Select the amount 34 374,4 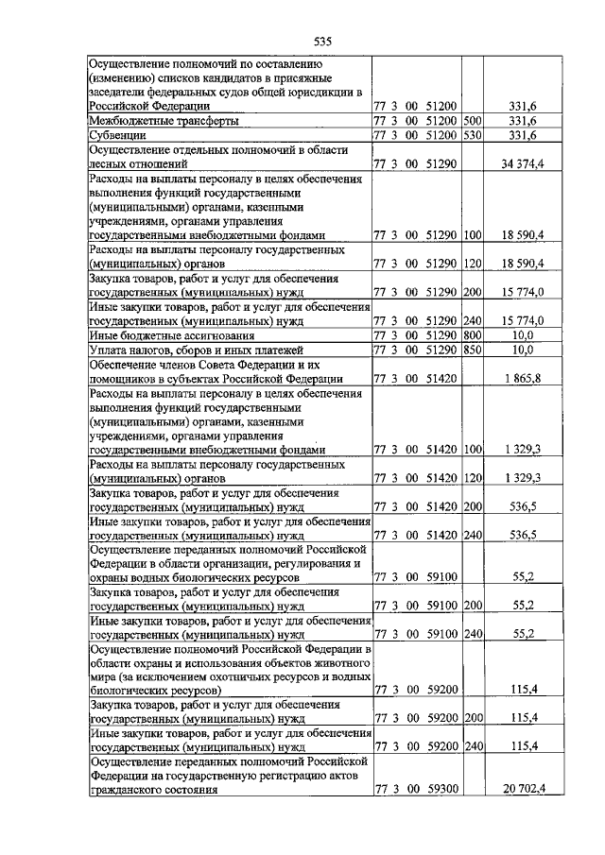(x=523, y=163)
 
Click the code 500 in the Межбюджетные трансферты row (x=474, y=122)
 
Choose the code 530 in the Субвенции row (x=474, y=136)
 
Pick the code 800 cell (x=474, y=334)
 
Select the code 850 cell (x=474, y=350)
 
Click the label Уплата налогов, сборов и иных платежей (x=199, y=350)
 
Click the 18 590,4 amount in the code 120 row (x=523, y=264)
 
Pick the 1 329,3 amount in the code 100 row (x=523, y=450)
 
